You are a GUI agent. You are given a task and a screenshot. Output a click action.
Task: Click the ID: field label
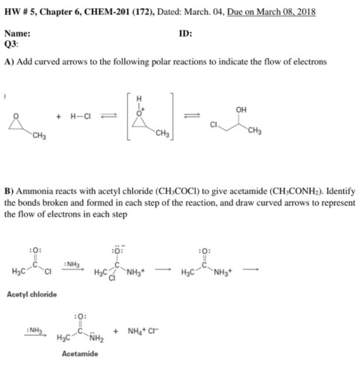coord(186,34)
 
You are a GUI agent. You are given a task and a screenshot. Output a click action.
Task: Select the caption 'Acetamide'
coord(79,353)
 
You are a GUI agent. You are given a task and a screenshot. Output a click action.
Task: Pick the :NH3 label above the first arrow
coord(72,262)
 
